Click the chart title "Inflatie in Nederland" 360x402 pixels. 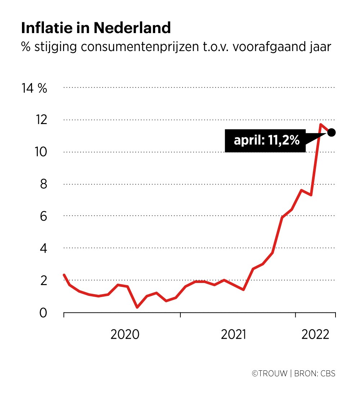(96, 28)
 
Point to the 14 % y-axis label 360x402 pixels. (35, 88)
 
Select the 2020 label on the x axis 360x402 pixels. (125, 334)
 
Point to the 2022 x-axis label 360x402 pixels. (316, 334)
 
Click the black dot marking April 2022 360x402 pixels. (332, 132)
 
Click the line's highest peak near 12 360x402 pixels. (320, 124)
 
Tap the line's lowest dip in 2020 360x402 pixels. (137, 307)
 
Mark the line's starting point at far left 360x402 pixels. (64, 275)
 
